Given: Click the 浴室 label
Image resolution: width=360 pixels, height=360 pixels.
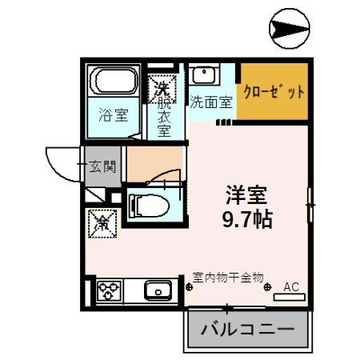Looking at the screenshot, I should pos(112,114).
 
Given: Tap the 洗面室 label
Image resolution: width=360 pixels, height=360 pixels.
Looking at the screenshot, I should pos(210,102).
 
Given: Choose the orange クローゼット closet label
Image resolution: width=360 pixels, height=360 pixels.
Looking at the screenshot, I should pos(274,91).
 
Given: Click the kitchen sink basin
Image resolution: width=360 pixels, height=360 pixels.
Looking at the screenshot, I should pos(158,289).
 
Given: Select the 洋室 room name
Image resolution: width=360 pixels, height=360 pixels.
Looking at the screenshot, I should pos(246,194).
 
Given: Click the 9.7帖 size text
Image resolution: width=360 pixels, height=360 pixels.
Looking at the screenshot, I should pos(246,218).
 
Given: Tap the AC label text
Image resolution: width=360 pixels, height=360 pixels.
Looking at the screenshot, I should pos(291,285).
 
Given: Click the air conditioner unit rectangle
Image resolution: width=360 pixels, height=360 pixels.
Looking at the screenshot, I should pos(290,297).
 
